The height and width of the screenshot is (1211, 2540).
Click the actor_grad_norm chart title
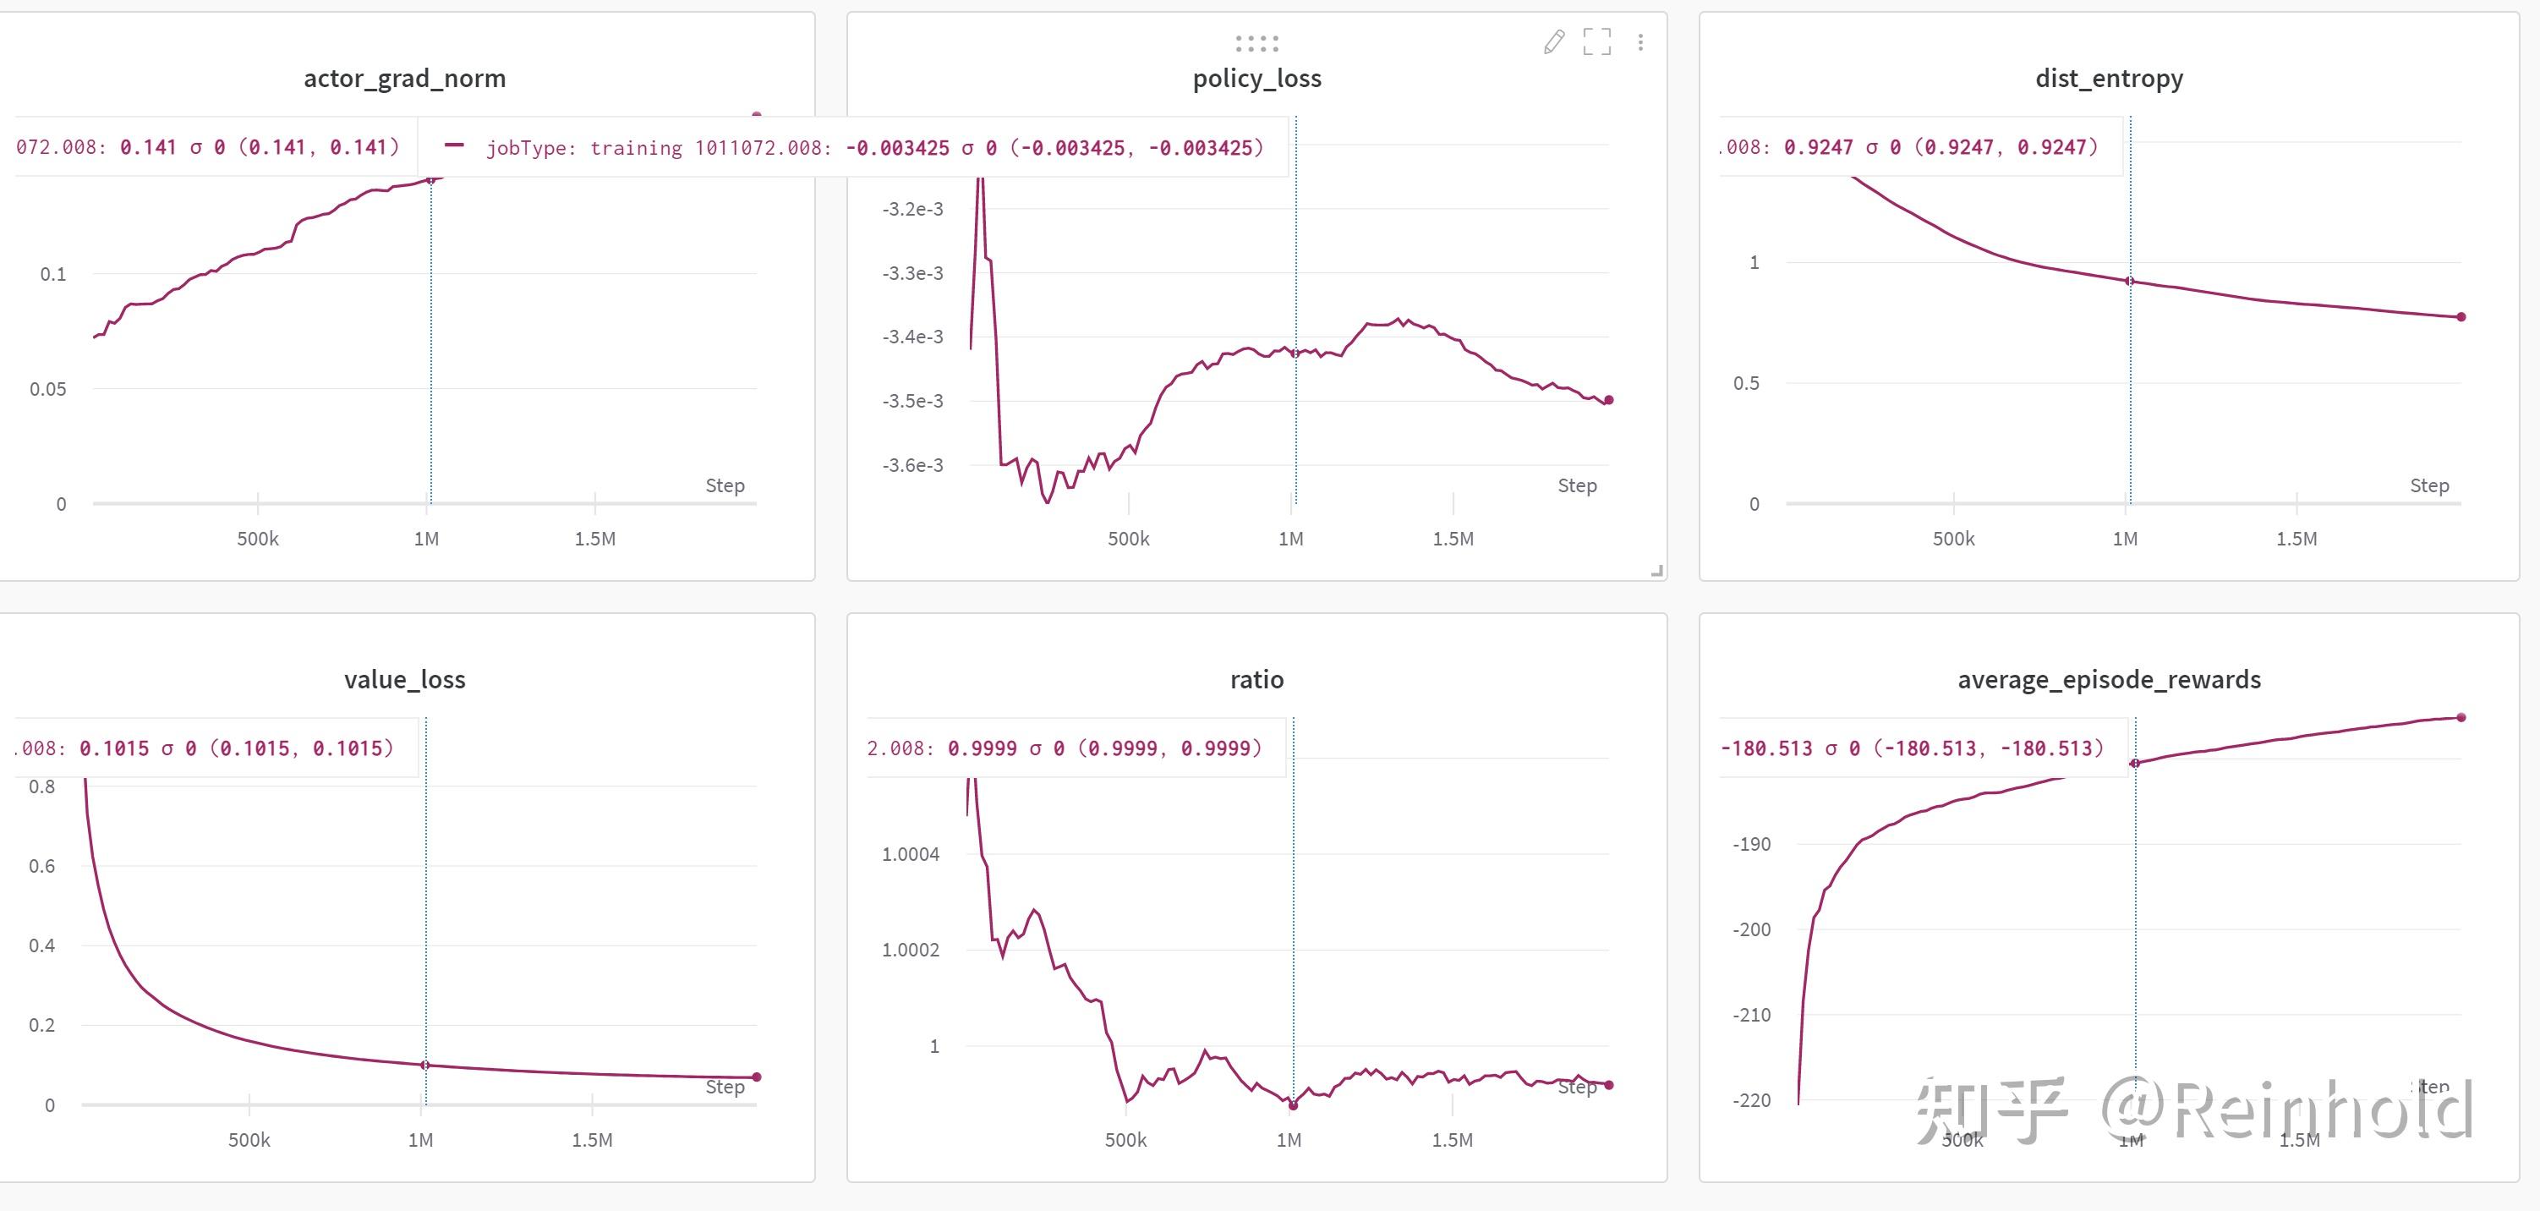(x=404, y=78)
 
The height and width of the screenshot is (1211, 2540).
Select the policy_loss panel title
(x=1256, y=78)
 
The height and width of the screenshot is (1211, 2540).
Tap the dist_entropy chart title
(x=2109, y=78)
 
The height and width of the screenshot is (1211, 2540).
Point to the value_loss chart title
(x=404, y=679)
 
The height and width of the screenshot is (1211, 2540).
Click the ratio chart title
(x=1256, y=679)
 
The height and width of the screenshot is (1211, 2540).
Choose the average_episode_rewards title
(x=2109, y=679)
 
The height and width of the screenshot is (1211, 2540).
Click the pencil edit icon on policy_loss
(x=1554, y=41)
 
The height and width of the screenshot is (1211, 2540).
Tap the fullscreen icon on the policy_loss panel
(x=1596, y=41)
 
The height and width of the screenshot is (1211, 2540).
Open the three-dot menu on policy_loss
(x=1640, y=41)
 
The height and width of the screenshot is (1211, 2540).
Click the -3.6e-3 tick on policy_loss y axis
(x=912, y=465)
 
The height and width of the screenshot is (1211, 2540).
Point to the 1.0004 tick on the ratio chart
(x=910, y=854)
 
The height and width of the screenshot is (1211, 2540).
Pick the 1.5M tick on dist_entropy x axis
(x=2296, y=540)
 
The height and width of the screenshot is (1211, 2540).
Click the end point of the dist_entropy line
(x=2461, y=316)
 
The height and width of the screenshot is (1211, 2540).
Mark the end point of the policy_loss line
(x=1608, y=399)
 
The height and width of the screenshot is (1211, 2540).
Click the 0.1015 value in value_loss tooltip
(x=113, y=748)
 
